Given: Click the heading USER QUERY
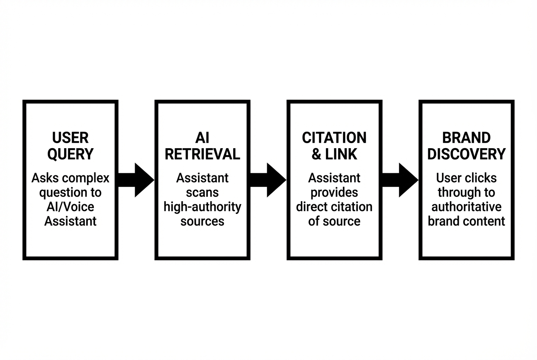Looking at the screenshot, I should point(70,146).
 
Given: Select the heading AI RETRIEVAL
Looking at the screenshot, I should point(202,146).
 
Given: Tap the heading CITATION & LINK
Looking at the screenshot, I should point(334,146).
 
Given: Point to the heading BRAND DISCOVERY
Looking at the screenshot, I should point(466,146).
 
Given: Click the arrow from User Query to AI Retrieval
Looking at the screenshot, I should point(136,180).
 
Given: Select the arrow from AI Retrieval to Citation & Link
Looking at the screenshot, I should point(268,180).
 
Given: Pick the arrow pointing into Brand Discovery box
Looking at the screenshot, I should point(400,180).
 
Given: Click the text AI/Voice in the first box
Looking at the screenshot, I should point(70,207).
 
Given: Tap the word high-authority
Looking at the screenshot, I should point(202,207).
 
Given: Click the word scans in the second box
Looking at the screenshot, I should point(202,192).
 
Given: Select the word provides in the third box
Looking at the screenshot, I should point(334,192).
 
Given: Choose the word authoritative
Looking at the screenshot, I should point(466,207).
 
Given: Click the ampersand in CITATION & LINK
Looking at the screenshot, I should point(317,154).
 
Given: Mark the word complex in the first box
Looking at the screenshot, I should point(88,178).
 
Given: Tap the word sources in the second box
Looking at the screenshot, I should point(202,221).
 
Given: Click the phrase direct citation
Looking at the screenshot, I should point(334,207).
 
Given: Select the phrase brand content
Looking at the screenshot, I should point(466,221).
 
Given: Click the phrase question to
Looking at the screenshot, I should point(70,192).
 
